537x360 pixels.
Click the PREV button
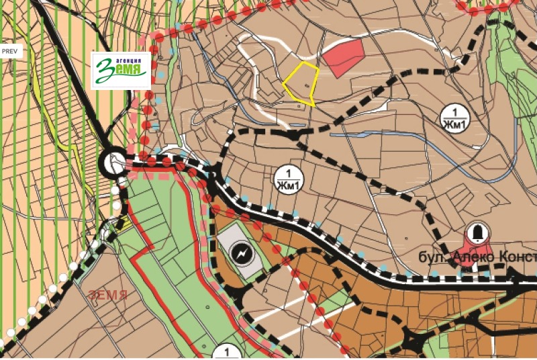(x=11, y=51)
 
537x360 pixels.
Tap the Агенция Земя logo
(x=121, y=69)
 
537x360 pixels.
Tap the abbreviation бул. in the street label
(x=432, y=259)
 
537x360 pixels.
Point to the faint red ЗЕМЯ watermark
(x=107, y=294)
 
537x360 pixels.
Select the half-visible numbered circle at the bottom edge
(x=228, y=352)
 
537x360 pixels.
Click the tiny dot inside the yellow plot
(x=308, y=86)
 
